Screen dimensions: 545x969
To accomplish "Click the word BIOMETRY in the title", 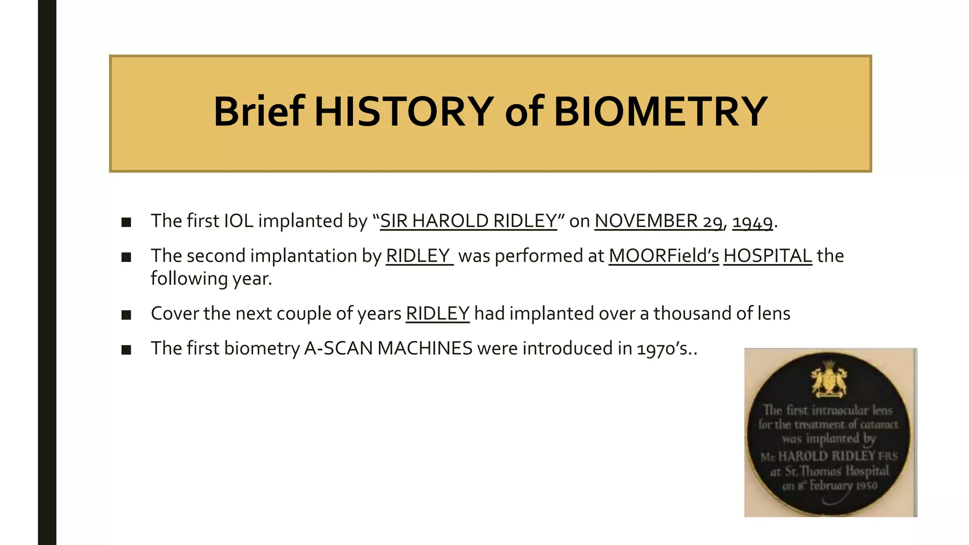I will coord(660,112).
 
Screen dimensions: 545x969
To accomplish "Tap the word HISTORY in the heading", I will coord(404,112).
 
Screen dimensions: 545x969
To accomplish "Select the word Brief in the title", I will coord(259,112).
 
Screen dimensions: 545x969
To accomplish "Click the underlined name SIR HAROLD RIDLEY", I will coord(468,221).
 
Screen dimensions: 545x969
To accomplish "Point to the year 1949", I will coord(752,221).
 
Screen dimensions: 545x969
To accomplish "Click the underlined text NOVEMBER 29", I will coord(658,221).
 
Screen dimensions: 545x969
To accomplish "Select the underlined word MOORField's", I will coord(663,256).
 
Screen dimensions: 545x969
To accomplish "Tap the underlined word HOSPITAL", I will coord(767,256).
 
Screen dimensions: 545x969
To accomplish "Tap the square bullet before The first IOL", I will coord(126,222).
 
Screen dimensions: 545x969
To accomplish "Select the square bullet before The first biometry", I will coord(126,350).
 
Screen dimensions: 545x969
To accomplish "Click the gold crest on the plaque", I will coord(829,379).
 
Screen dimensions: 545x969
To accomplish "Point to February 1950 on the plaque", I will coord(843,486).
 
